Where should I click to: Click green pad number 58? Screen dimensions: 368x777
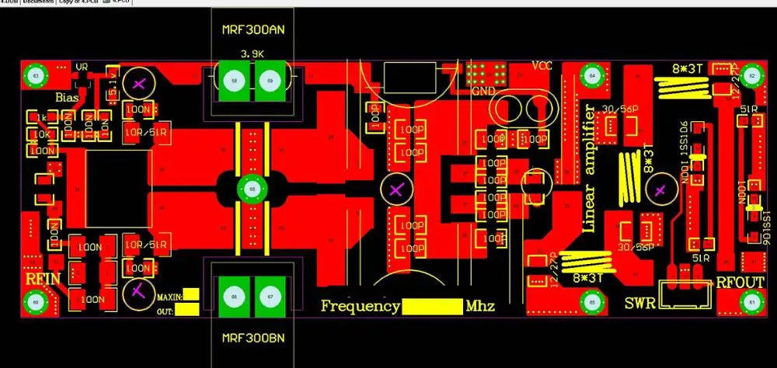click(233, 81)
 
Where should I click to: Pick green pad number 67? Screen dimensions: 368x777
click(269, 297)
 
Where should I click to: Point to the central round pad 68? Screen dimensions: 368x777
click(251, 189)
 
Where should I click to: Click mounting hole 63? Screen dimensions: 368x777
click(35, 76)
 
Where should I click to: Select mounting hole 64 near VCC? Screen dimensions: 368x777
click(593, 76)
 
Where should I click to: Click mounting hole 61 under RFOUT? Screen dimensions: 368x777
click(751, 302)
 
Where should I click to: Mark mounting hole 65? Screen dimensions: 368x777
click(593, 302)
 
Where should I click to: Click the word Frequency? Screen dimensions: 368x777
click(361, 306)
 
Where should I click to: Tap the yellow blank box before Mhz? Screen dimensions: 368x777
click(432, 306)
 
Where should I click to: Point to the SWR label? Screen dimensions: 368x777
click(639, 301)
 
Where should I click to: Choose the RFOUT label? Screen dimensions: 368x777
click(740, 282)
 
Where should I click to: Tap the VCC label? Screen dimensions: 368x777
click(542, 65)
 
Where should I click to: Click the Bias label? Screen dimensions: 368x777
click(70, 97)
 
